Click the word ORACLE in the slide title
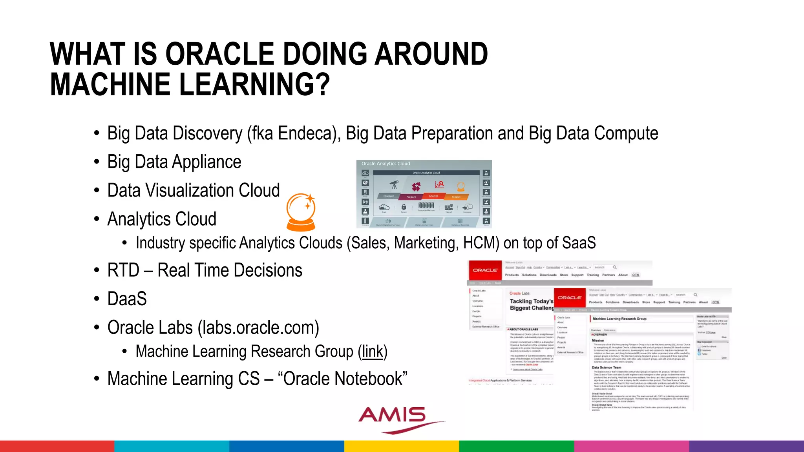pos(220,54)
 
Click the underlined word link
pos(372,352)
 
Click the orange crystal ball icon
pos(301,212)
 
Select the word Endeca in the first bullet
pos(307,133)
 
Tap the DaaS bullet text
pos(127,299)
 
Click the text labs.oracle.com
pos(259,328)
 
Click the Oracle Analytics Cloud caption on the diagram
pos(386,164)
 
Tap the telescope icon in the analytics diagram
pos(394,184)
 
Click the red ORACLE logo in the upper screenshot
pos(485,270)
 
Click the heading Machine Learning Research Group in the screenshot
pos(619,319)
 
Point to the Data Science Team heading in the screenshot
pos(606,368)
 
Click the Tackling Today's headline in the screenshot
pos(531,301)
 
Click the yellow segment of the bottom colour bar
pos(401,446)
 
